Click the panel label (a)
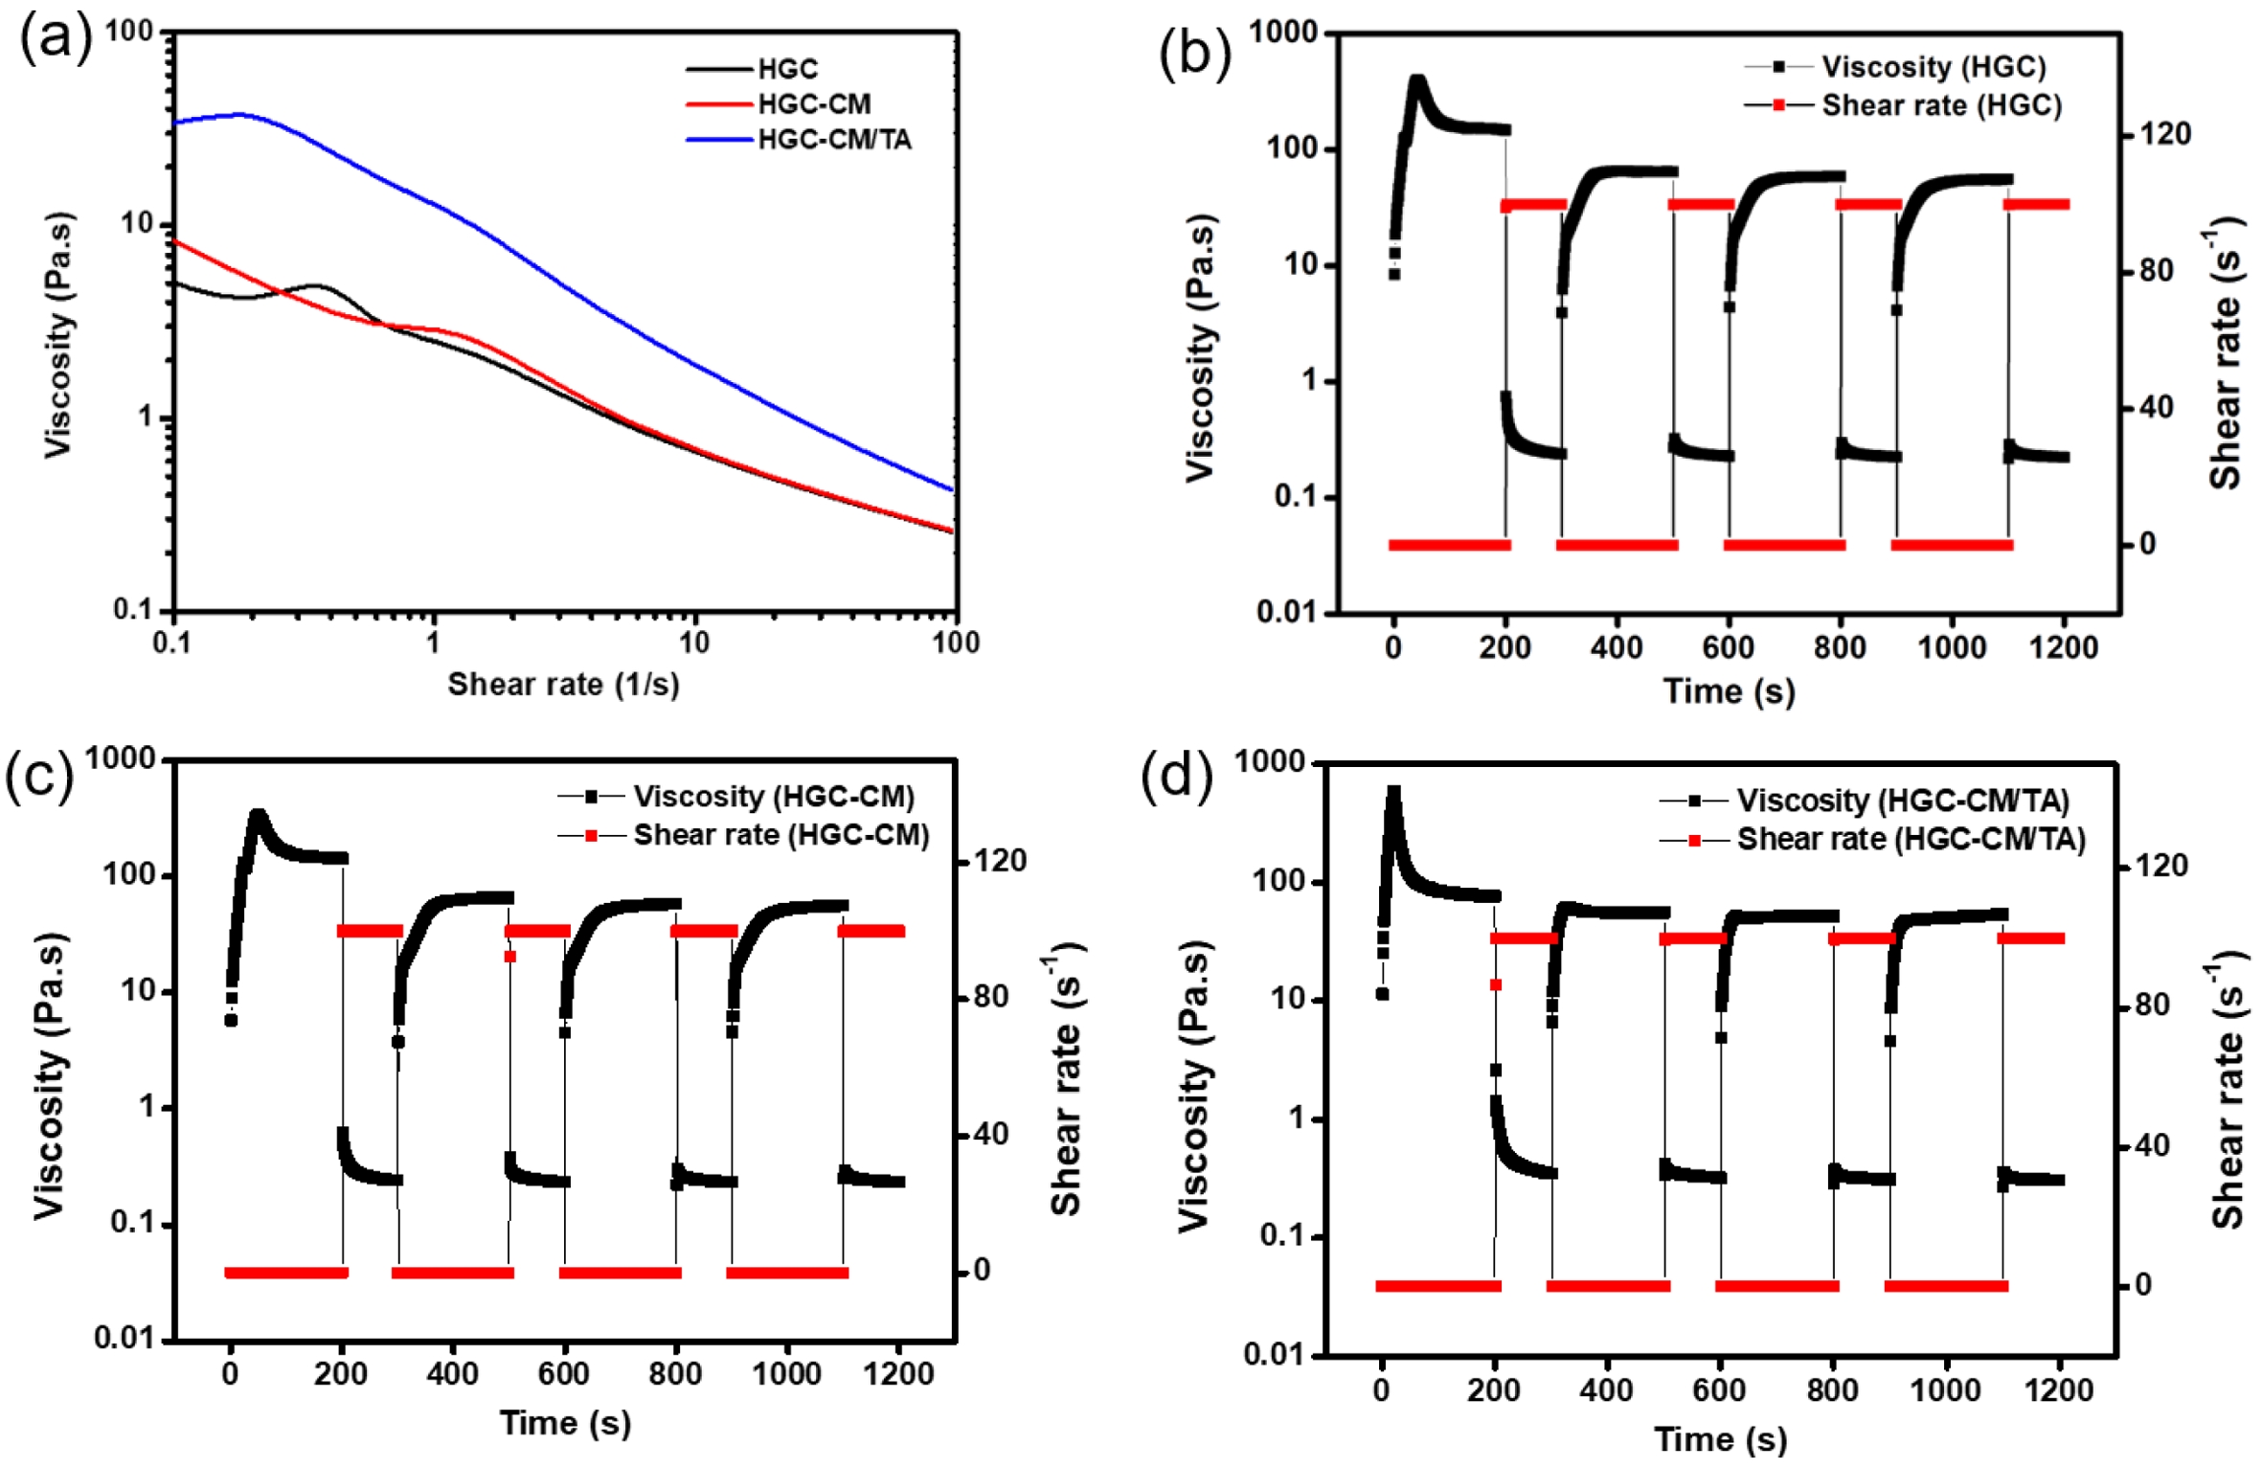point(56,40)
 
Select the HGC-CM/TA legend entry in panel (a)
point(834,140)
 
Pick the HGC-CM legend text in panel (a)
point(814,103)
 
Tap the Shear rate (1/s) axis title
point(563,684)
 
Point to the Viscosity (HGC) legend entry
point(1933,67)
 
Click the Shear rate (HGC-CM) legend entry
point(780,835)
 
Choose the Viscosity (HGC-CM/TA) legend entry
point(1902,800)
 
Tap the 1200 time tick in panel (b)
point(2063,647)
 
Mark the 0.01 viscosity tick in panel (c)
point(124,1337)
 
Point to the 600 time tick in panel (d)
point(1719,1389)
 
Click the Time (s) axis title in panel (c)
point(565,1423)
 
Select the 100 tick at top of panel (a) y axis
point(128,32)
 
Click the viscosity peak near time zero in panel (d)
point(1394,793)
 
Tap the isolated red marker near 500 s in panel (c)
point(509,956)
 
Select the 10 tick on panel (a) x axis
point(694,643)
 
